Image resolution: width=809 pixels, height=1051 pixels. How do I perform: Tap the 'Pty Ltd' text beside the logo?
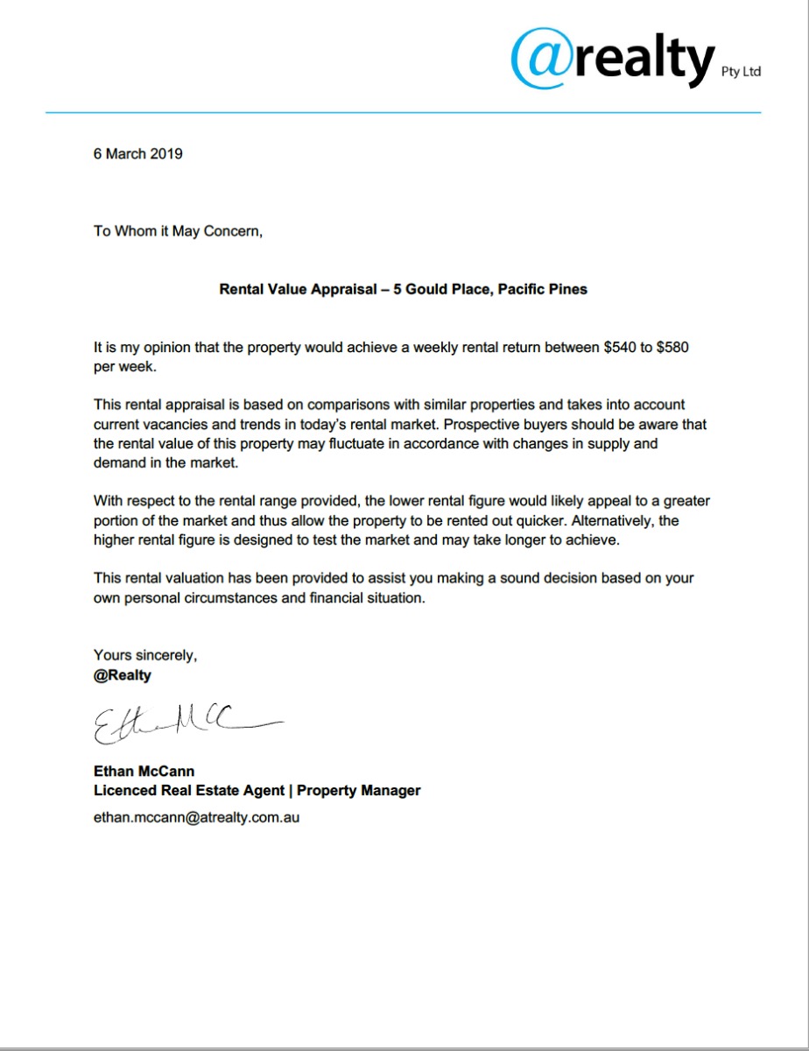point(741,72)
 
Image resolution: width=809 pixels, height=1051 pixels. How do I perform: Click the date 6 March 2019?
point(138,153)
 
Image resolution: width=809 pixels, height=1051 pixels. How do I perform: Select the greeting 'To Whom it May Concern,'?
point(178,231)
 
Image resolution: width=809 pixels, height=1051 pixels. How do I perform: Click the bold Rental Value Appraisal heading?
point(403,288)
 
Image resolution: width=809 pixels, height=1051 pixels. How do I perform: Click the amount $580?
point(672,348)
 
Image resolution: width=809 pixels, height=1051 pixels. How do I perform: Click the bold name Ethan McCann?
point(144,772)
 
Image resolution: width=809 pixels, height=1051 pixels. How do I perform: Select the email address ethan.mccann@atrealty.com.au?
point(197,818)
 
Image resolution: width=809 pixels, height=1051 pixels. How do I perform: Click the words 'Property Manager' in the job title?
point(359,790)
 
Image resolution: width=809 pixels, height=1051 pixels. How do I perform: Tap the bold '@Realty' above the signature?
point(123,675)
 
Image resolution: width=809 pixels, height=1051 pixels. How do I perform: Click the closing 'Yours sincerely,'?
point(145,655)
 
